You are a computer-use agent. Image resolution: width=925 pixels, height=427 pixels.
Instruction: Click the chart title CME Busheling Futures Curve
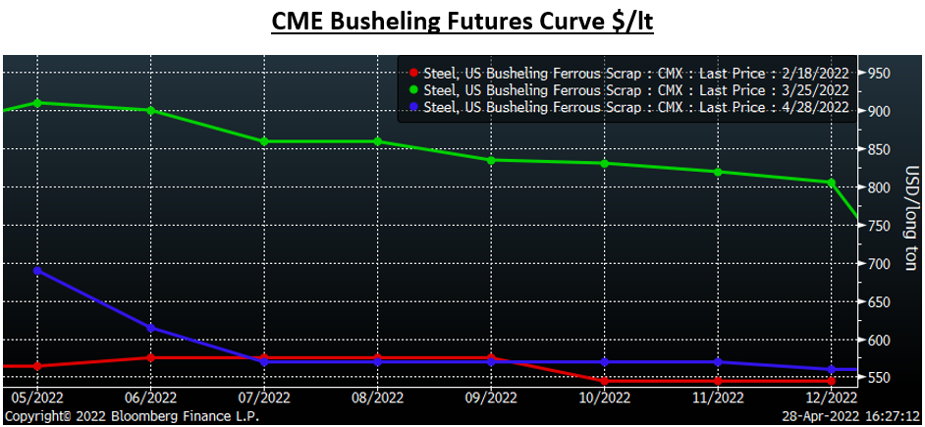pyautogui.click(x=462, y=21)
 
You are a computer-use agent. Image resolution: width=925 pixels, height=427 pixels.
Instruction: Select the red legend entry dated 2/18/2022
pyautogui.click(x=629, y=73)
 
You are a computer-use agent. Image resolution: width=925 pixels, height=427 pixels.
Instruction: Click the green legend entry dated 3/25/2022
pyautogui.click(x=629, y=90)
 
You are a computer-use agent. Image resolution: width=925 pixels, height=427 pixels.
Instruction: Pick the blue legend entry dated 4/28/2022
pyautogui.click(x=629, y=107)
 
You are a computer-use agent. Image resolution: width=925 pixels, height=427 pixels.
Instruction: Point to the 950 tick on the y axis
pyautogui.click(x=879, y=73)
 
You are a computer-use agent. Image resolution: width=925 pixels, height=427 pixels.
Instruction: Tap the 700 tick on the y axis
pyautogui.click(x=879, y=264)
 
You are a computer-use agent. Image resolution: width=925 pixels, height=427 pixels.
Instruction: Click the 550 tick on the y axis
pyautogui.click(x=879, y=379)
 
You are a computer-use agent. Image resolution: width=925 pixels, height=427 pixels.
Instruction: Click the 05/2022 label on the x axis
pyautogui.click(x=37, y=398)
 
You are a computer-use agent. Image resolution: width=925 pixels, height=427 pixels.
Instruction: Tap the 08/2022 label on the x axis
pyautogui.click(x=377, y=398)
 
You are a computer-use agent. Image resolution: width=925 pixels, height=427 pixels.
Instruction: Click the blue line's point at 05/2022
pyautogui.click(x=37, y=270)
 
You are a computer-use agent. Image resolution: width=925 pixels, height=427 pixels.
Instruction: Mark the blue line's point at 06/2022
pyautogui.click(x=150, y=328)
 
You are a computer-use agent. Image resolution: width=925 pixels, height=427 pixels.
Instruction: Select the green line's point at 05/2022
pyautogui.click(x=37, y=103)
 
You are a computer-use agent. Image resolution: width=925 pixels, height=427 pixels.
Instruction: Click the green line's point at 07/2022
pyautogui.click(x=264, y=141)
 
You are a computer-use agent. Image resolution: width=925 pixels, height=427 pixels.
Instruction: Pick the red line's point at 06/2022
pyautogui.click(x=150, y=357)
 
